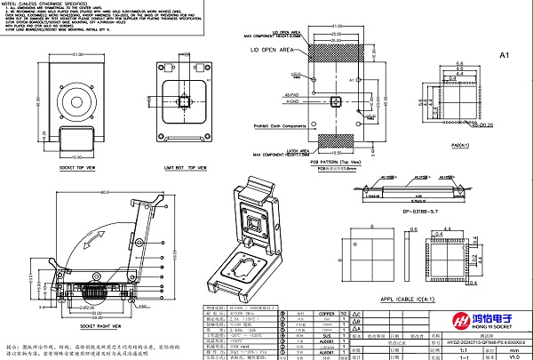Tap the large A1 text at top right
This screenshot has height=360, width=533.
click(x=504, y=56)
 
